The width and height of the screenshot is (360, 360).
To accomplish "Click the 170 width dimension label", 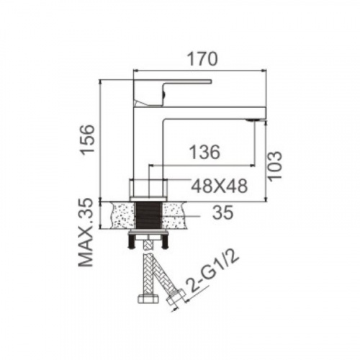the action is (202, 59).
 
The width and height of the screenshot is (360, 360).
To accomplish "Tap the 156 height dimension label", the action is (86, 140).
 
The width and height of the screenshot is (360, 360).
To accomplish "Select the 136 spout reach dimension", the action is (204, 152).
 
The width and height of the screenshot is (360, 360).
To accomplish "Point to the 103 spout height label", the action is (274, 166).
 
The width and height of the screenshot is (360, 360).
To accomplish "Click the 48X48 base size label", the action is (219, 186).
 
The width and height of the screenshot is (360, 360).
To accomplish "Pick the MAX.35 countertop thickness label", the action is (86, 233).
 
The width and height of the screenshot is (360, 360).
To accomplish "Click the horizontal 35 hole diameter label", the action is (222, 212).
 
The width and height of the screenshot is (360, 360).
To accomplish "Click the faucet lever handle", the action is (172, 92).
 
